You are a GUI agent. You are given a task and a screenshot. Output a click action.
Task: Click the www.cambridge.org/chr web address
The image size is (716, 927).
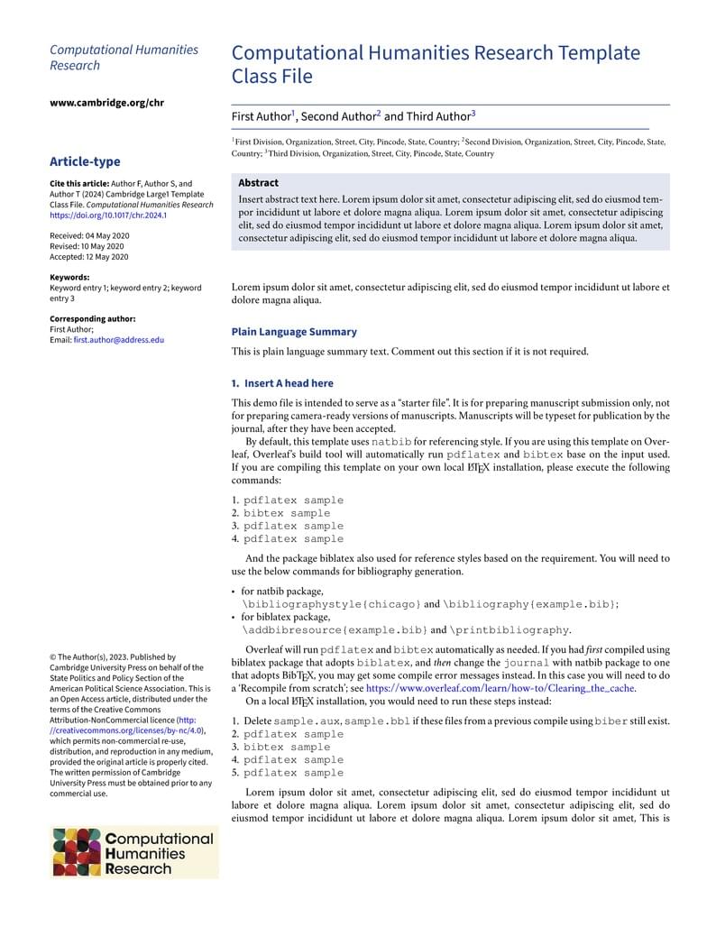pos(106,103)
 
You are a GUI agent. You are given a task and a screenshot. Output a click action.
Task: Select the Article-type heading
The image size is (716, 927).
pos(85,161)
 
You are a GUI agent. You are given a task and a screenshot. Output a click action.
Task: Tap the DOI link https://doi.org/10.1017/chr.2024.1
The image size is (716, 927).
pos(108,216)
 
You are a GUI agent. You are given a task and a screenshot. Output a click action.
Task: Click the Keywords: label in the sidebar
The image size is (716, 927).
pos(69,278)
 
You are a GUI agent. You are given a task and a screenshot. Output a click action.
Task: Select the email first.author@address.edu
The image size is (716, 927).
pos(119,340)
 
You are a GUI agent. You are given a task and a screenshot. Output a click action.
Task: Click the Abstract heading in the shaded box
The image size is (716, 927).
pos(258,183)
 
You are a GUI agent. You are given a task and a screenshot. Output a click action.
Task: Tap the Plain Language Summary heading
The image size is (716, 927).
pos(294,332)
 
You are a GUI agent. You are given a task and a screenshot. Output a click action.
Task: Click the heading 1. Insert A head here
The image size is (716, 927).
pos(282,383)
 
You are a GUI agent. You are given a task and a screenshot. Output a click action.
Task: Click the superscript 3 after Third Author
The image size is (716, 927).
pos(473,113)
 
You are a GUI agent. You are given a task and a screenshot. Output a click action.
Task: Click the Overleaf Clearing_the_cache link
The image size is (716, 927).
pos(500,688)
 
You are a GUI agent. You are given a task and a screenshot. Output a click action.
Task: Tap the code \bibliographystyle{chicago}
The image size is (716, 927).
pos(331,604)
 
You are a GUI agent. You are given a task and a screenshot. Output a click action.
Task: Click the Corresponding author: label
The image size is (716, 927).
pos(93,319)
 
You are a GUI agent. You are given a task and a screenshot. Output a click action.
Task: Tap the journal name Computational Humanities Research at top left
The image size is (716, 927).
pos(124,58)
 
